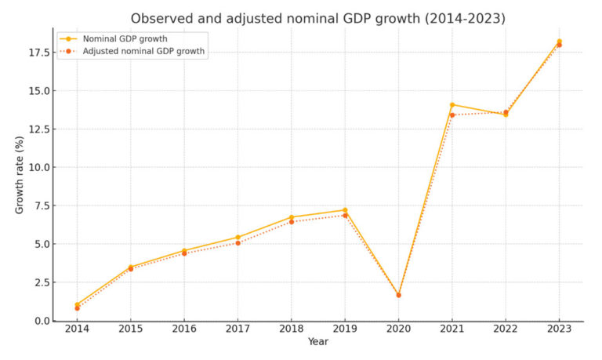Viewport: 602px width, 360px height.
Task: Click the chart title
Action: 318,17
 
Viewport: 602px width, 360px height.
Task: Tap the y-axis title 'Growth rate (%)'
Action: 20,174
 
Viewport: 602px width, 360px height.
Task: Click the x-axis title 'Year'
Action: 318,342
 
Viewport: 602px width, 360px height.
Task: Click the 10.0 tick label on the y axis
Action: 39,167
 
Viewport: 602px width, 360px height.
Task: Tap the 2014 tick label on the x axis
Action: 77,330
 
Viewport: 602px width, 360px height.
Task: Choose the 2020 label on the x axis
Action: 398,330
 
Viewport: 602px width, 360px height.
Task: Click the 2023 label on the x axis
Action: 559,330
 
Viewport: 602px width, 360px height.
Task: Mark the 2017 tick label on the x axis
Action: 238,330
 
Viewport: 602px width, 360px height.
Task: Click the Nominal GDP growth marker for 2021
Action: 452,104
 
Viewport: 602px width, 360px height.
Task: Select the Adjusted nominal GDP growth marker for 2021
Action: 452,115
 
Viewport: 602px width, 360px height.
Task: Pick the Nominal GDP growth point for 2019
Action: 345,210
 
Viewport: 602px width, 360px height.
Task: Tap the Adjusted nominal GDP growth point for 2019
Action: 345,216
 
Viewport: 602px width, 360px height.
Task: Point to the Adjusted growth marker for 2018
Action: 292,222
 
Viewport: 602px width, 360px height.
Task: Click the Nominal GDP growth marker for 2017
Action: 238,237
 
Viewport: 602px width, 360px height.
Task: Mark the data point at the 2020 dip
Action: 398,295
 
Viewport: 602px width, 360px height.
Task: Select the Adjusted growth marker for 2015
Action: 131,269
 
